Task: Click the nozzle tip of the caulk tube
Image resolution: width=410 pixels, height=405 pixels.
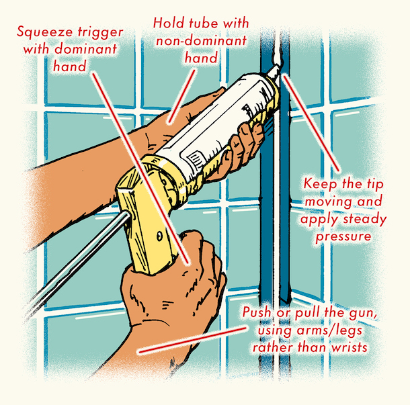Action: (276, 69)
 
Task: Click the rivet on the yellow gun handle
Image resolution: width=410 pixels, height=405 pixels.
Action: (159, 236)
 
